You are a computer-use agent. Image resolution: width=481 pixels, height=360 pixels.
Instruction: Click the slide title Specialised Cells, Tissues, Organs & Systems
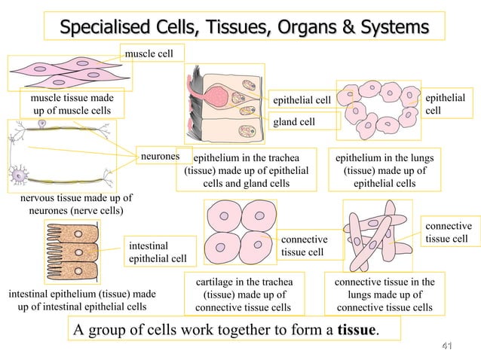click(x=244, y=28)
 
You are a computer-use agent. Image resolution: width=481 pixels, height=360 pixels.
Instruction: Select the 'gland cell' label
click(x=294, y=121)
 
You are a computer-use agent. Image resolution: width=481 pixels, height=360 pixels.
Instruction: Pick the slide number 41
click(x=446, y=346)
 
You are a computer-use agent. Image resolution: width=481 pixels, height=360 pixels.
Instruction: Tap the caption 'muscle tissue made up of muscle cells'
click(x=72, y=105)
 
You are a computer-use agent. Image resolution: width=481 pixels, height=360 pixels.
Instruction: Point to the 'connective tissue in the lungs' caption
click(x=384, y=294)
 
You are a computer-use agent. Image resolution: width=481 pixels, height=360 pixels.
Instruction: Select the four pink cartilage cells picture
click(x=240, y=232)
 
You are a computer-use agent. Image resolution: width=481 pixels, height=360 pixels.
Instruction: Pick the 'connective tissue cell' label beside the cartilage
click(x=305, y=246)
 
